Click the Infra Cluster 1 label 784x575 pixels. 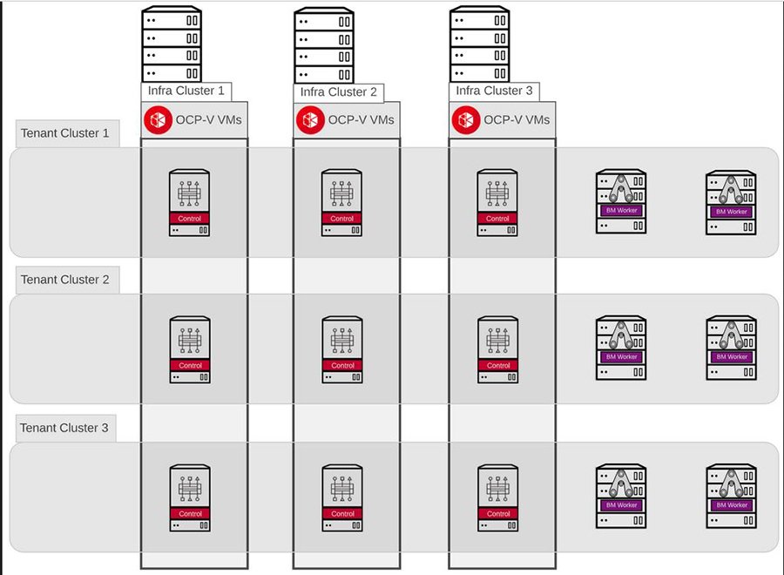(x=186, y=91)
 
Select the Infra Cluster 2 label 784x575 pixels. (x=339, y=92)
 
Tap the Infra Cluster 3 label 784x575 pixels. (x=494, y=91)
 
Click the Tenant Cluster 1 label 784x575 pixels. (x=65, y=134)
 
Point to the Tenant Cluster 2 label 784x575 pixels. (x=65, y=280)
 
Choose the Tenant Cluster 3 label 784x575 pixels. (x=65, y=428)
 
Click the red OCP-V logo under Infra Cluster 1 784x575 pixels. (x=159, y=119)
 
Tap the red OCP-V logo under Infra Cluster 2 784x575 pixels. (x=309, y=119)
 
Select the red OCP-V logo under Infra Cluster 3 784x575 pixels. (x=464, y=119)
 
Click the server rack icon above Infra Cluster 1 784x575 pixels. (x=172, y=45)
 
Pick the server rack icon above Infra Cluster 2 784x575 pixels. (x=324, y=45)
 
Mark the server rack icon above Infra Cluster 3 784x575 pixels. (x=479, y=45)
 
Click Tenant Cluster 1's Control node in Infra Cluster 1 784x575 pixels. (x=190, y=203)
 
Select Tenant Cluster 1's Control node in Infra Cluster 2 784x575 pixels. (x=342, y=203)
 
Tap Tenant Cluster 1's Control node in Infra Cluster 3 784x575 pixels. (x=498, y=203)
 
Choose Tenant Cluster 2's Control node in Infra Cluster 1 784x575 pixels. (x=190, y=349)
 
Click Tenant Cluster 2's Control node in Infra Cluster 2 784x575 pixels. (x=342, y=349)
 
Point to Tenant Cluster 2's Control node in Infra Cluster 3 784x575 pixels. (x=498, y=349)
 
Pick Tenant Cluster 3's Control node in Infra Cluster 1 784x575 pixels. (x=190, y=497)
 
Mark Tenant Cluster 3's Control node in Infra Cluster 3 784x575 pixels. (x=498, y=497)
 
